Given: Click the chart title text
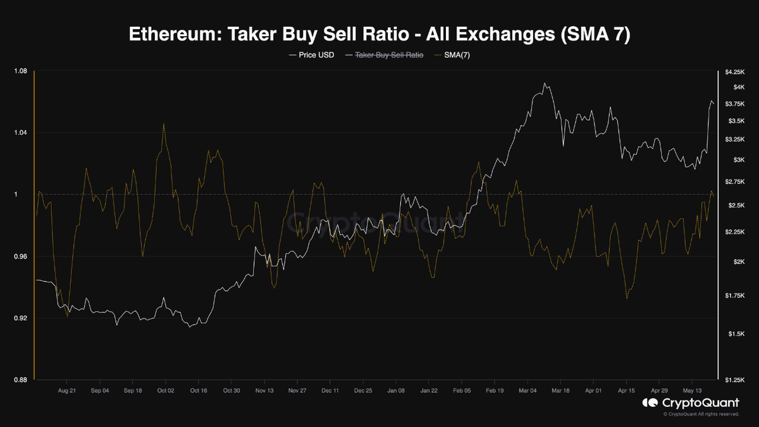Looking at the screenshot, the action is (379, 34).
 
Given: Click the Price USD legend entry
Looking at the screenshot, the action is (311, 55).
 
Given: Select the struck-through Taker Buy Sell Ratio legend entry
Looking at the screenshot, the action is (385, 55).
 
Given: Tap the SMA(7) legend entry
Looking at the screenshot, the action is (452, 55).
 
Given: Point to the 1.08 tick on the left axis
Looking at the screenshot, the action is (20, 71).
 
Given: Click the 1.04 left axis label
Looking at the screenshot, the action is (20, 132).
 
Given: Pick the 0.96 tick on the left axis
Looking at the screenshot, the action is (20, 257).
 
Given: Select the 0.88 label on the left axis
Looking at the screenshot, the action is (20, 380).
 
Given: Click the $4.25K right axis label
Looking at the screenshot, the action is (735, 72).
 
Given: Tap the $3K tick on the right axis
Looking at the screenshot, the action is (739, 159).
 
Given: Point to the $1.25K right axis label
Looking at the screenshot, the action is (735, 380).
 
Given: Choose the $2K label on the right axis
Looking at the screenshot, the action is (739, 262).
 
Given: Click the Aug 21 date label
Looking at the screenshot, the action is (67, 390).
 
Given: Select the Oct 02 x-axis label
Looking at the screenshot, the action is (166, 390).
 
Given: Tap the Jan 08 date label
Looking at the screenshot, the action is (396, 390).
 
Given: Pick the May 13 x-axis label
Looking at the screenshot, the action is (692, 390).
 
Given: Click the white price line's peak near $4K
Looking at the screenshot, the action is (545, 83).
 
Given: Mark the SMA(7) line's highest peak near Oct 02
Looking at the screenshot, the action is (164, 123).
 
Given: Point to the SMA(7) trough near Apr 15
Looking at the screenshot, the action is (627, 299).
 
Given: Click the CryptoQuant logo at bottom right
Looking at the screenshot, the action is (691, 403).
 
